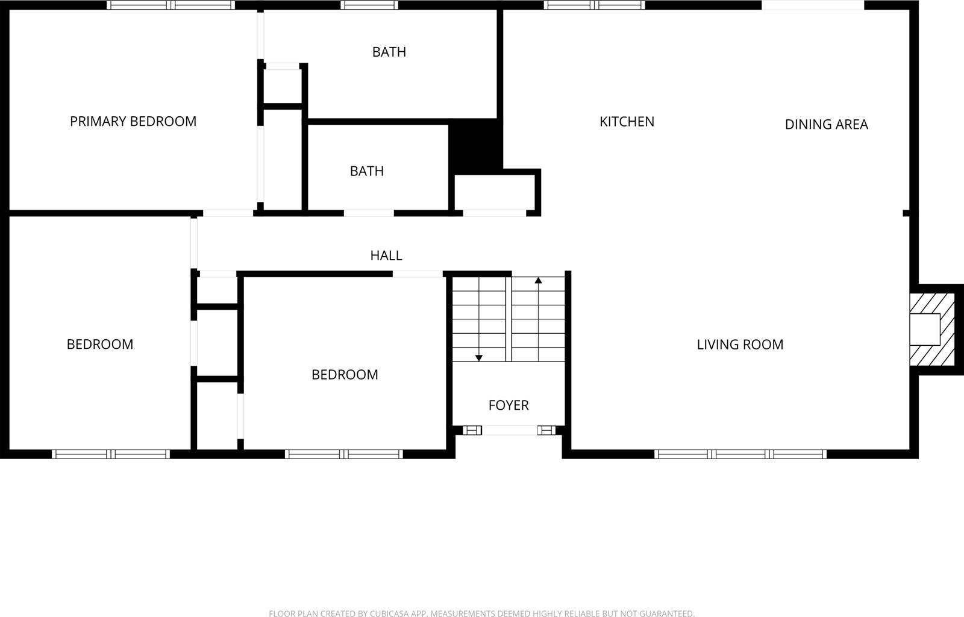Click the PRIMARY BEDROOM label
click(x=133, y=121)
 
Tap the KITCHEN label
click(x=627, y=121)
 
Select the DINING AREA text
click(x=826, y=124)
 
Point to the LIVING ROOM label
click(x=740, y=344)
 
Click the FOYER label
click(x=509, y=405)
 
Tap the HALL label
click(x=386, y=255)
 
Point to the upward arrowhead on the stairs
click(x=538, y=280)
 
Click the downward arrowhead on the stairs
click(x=479, y=358)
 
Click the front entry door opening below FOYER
click(x=510, y=430)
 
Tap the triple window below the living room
click(x=740, y=454)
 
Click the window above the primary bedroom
click(x=171, y=5)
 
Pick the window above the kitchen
click(x=594, y=5)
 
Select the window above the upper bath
click(x=369, y=5)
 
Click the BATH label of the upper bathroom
click(x=389, y=52)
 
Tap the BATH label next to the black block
click(x=367, y=171)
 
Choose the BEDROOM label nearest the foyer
click(x=345, y=374)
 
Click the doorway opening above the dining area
click(x=813, y=5)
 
